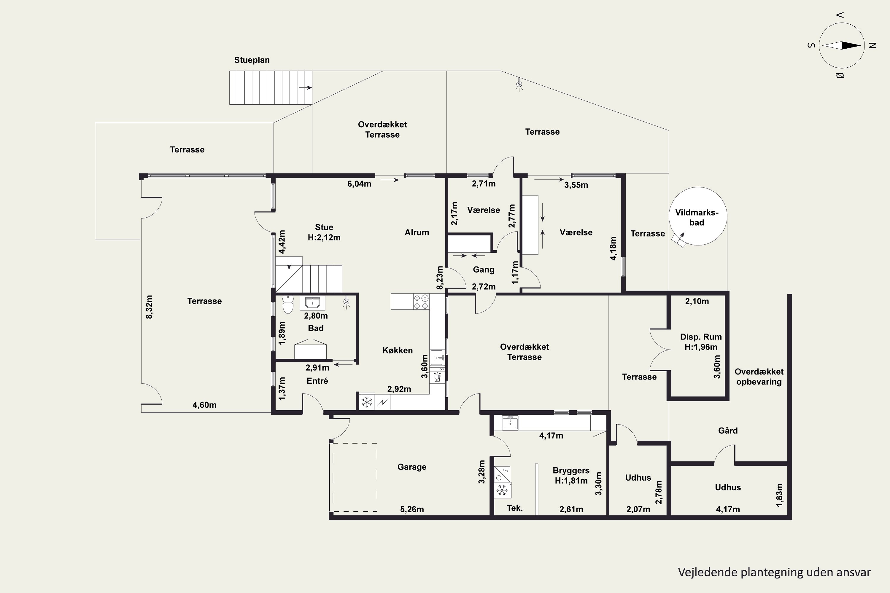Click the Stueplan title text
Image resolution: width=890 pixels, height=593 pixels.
252,60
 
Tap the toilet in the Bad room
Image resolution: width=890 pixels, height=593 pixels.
288,305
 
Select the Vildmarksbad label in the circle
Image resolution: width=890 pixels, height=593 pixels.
697,217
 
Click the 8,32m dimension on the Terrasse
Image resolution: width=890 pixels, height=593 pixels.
149,307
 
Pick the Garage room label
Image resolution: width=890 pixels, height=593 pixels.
412,467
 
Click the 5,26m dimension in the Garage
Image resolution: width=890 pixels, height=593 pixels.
412,509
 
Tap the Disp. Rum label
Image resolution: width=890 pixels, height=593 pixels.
701,337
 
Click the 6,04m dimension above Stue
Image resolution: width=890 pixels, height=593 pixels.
359,184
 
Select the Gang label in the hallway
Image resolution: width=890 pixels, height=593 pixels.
484,270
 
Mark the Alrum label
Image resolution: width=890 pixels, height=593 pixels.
417,232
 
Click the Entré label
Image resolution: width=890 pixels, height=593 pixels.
317,381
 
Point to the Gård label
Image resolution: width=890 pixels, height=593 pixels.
728,431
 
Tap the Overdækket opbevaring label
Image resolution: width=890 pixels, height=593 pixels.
759,377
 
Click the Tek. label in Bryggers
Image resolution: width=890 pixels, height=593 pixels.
515,508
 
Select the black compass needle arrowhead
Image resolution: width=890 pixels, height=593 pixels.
851,46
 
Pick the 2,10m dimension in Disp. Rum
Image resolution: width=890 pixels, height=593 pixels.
697,302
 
